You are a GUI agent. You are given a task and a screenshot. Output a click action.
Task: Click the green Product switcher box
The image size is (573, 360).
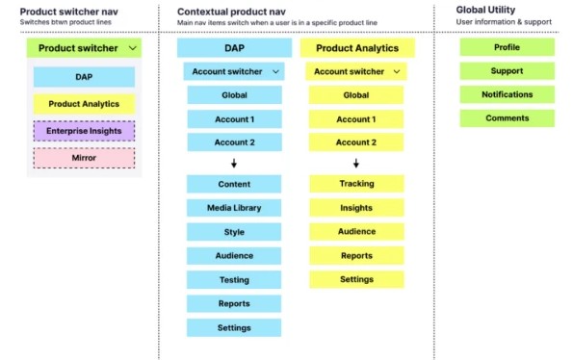(x=85, y=47)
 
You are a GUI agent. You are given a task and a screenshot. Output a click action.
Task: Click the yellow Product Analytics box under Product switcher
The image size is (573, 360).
(x=84, y=104)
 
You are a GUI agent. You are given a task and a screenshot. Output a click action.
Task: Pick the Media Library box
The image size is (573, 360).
(x=234, y=207)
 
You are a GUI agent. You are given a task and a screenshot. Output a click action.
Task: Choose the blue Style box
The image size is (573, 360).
(x=234, y=231)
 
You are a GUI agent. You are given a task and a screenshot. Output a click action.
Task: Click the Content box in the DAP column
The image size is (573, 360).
(x=234, y=183)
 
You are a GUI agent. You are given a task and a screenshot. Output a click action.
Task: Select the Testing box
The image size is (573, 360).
(x=234, y=280)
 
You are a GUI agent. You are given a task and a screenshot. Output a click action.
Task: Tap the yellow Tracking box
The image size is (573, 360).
(x=356, y=183)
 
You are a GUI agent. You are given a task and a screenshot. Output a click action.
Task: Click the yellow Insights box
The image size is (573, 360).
(x=356, y=207)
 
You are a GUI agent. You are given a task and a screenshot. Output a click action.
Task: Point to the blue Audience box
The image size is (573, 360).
(x=234, y=255)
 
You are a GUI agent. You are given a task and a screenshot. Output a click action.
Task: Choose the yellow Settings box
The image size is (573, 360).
(x=356, y=279)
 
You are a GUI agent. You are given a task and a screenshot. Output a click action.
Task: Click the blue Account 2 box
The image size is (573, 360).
(x=234, y=142)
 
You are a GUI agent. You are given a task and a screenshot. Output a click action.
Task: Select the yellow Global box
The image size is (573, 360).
(x=356, y=94)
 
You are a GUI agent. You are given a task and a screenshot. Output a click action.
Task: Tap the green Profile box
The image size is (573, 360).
(x=507, y=47)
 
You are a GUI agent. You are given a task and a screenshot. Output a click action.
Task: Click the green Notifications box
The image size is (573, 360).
(x=507, y=94)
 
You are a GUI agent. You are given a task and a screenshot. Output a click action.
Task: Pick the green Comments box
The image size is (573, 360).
(x=507, y=118)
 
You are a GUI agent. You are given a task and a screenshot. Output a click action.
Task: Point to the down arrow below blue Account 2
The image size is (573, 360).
(x=234, y=163)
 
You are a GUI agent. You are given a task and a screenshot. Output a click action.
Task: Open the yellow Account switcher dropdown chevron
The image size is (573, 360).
(x=396, y=71)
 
